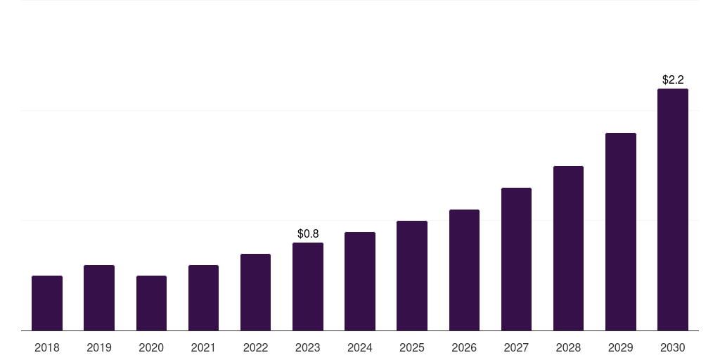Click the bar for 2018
click(x=47, y=303)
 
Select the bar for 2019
click(x=99, y=297)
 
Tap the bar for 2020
click(x=151, y=303)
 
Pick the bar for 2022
click(x=255, y=292)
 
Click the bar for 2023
click(x=308, y=286)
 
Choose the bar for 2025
click(x=412, y=276)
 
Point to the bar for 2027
click(x=516, y=259)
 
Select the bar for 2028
click(x=568, y=248)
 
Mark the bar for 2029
click(x=621, y=231)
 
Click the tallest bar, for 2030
click(x=673, y=210)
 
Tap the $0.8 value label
click(x=308, y=233)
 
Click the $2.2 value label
click(x=673, y=79)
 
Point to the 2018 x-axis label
click(x=47, y=347)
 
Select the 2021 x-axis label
click(x=203, y=347)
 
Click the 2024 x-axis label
click(x=360, y=347)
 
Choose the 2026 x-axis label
click(x=464, y=347)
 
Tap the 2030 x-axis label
click(x=673, y=347)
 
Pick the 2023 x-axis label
click(x=308, y=347)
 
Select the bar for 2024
click(x=360, y=281)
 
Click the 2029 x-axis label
click(x=621, y=347)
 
